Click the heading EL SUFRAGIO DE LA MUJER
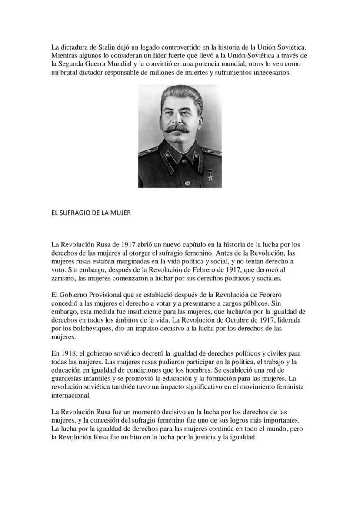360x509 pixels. click(x=91, y=213)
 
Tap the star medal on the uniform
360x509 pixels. click(x=210, y=176)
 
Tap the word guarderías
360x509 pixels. click(x=67, y=378)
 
